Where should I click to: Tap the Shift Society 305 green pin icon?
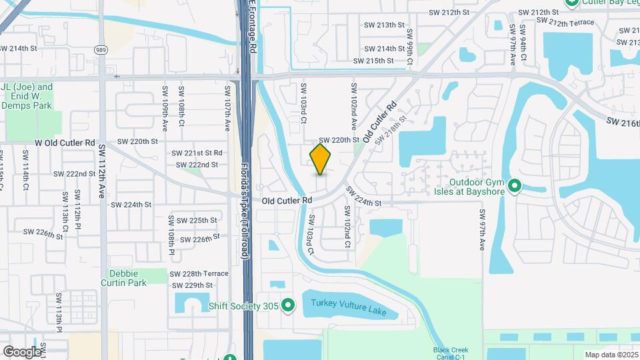click(288, 305)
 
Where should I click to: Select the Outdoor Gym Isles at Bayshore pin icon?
click(514, 185)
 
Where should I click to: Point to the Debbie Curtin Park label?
click(123, 278)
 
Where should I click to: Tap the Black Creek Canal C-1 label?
click(451, 353)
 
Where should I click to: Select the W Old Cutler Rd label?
click(65, 143)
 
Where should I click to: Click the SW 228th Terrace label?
click(199, 273)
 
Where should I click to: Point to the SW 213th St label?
click(384, 25)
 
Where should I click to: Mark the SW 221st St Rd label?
click(197, 153)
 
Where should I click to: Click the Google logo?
click(22, 351)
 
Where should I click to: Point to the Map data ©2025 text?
click(610, 355)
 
